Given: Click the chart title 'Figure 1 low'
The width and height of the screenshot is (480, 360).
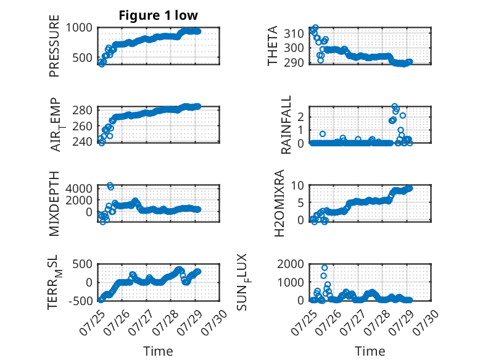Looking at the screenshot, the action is pyautogui.click(x=159, y=15).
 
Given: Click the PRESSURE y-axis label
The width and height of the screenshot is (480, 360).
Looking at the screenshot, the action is pyautogui.click(x=54, y=46).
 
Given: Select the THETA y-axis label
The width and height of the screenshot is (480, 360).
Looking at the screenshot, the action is pyautogui.click(x=272, y=46).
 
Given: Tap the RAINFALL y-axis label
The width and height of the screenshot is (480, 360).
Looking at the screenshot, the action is pyautogui.click(x=286, y=125).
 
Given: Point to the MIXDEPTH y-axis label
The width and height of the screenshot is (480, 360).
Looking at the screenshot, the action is pyautogui.click(x=54, y=204).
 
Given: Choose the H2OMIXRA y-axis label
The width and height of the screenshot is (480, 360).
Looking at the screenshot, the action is pyautogui.click(x=279, y=203).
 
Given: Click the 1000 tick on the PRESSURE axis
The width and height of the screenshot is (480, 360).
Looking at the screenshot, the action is pyautogui.click(x=79, y=28).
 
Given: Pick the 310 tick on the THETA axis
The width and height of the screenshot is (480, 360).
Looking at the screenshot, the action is pyautogui.click(x=294, y=33).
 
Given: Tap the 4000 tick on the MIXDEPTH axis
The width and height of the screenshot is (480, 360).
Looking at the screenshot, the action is pyautogui.click(x=79, y=188).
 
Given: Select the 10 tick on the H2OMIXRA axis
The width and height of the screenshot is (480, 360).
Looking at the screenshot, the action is pyautogui.click(x=297, y=185).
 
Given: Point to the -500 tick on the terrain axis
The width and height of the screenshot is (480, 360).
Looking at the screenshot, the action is pyautogui.click(x=80, y=301).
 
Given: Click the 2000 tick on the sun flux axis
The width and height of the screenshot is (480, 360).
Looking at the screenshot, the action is pyautogui.click(x=291, y=264).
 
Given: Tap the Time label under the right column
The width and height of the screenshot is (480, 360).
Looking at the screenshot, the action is pyautogui.click(x=370, y=351).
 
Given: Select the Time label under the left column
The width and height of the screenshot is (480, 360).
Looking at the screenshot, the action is pyautogui.click(x=159, y=351).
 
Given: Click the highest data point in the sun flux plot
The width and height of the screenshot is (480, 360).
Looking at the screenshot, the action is pyautogui.click(x=325, y=268).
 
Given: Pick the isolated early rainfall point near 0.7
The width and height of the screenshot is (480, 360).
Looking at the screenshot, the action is pyautogui.click(x=322, y=134).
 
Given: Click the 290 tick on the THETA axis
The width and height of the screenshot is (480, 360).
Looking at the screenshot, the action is pyautogui.click(x=294, y=63).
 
